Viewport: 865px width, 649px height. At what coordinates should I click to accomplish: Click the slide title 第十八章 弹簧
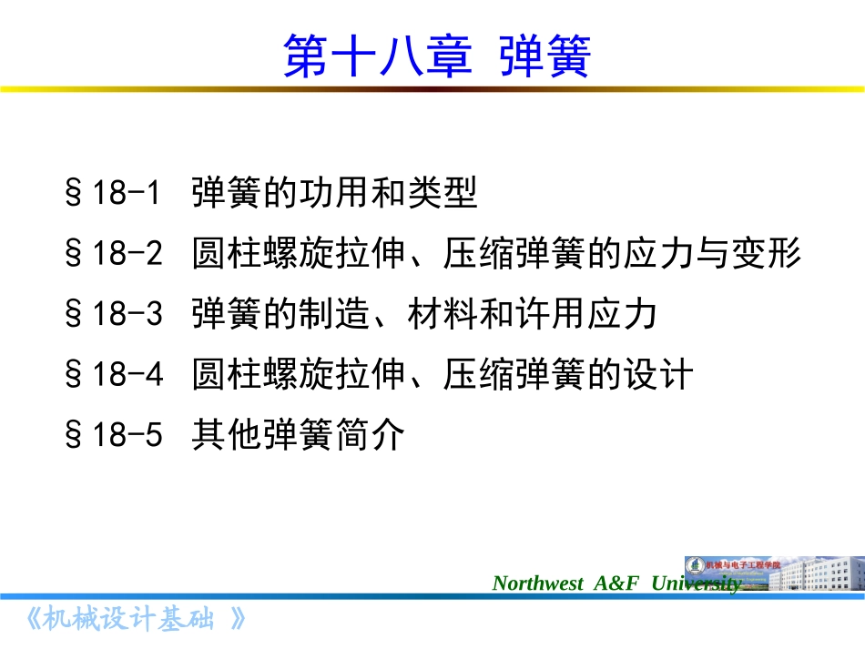(x=437, y=56)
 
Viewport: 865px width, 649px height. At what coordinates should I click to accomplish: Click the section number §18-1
(x=113, y=193)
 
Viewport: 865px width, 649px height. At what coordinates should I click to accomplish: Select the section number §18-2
(x=113, y=254)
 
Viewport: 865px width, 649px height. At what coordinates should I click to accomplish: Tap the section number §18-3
(x=113, y=315)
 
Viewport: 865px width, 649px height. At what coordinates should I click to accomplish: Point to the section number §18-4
(x=113, y=375)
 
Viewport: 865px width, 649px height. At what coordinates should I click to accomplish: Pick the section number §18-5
(x=113, y=436)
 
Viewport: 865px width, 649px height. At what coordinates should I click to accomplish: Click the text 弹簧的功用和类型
(x=334, y=193)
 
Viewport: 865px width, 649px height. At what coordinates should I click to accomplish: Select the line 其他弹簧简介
(x=297, y=436)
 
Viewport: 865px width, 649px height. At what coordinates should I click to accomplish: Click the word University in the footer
(x=696, y=583)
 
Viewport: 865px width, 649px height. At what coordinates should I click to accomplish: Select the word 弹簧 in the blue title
(x=545, y=56)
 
